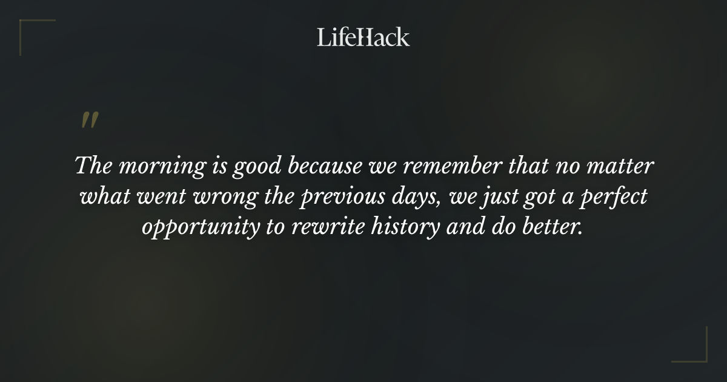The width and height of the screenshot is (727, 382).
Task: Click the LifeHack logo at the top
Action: (363, 37)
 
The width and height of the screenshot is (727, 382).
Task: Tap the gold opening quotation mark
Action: (90, 120)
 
